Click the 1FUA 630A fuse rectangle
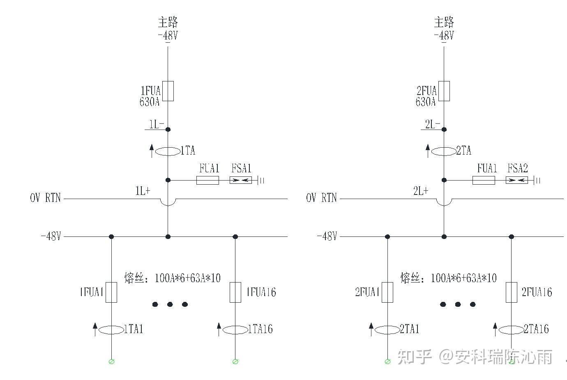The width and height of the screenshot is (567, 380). (168, 91)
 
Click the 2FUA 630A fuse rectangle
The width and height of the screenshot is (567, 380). (444, 91)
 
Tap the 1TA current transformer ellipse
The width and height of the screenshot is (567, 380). (168, 151)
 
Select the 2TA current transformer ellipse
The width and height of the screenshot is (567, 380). (444, 151)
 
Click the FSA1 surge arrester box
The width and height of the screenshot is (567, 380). (241, 180)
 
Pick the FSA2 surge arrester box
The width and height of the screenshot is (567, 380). (517, 180)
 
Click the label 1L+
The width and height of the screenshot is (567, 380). (143, 191)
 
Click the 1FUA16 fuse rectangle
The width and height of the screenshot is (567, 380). (235, 292)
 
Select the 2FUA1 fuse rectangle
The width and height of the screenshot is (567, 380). (387, 292)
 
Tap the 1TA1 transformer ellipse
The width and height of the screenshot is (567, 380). (111, 329)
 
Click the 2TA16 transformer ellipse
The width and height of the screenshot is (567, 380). (511, 329)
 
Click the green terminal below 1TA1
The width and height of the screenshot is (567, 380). (111, 361)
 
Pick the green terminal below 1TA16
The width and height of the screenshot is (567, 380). (235, 361)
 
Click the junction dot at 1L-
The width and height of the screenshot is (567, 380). (168, 130)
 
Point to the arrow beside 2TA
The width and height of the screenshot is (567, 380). (428, 151)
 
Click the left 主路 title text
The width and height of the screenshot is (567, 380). (168, 22)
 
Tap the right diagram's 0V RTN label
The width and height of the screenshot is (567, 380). (321, 198)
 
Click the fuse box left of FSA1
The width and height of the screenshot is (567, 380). (207, 180)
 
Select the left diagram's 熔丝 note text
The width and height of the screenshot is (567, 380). (173, 278)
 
